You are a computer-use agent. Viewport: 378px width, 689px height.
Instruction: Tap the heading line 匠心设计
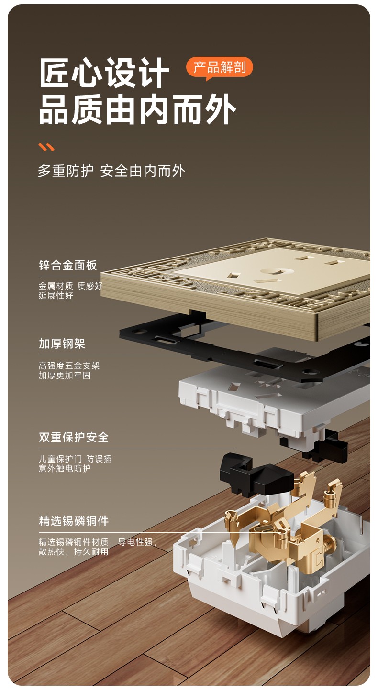pos(104,73)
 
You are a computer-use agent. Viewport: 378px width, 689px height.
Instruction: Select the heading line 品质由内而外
pos(137,109)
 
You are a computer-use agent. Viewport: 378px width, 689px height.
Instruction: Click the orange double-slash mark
pos(46,147)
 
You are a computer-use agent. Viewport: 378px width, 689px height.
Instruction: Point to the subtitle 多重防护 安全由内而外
pos(111,171)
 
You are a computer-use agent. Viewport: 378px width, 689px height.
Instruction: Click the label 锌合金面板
pos(68,265)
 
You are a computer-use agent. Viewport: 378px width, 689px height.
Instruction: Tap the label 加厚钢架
pos(62,344)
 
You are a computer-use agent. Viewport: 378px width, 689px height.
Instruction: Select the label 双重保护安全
pos(74,437)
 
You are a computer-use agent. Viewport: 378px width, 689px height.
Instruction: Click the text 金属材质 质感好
pos(70,286)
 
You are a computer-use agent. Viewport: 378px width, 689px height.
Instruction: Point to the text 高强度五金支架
pos(69,366)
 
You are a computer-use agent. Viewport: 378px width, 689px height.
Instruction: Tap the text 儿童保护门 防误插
pos(75,459)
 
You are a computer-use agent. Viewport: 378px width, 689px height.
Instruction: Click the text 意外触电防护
pos(65,468)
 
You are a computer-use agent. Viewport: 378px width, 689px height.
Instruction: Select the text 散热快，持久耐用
pos(73,551)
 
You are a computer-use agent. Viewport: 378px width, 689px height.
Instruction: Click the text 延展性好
pos(56,296)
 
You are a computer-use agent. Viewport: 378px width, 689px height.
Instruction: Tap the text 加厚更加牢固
pos(65,375)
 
